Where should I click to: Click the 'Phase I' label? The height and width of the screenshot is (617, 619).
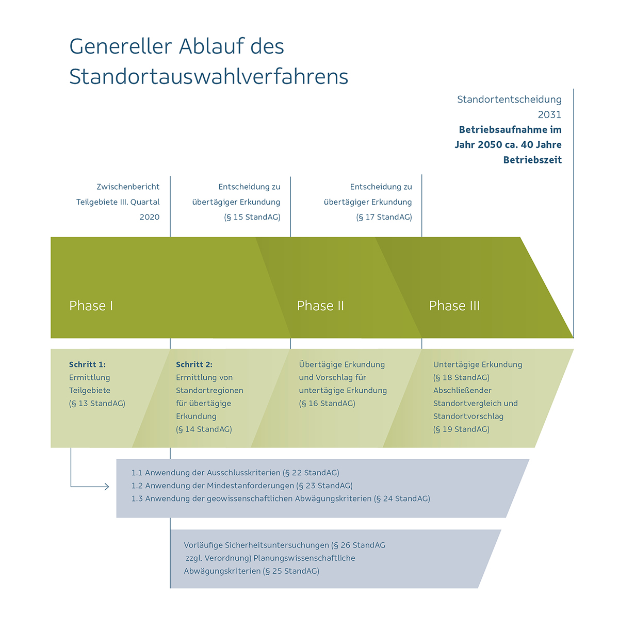pyautogui.click(x=91, y=306)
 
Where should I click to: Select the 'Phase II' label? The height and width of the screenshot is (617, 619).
pyautogui.click(x=320, y=306)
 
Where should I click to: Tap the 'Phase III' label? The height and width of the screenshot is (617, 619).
pyautogui.click(x=454, y=306)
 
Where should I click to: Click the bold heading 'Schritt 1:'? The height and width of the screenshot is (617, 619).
pyautogui.click(x=87, y=364)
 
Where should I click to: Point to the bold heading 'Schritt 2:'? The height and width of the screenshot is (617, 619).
pyautogui.click(x=194, y=364)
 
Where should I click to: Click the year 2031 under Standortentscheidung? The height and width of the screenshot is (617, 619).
pyautogui.click(x=549, y=114)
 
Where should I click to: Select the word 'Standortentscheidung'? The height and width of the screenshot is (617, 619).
pyautogui.click(x=509, y=99)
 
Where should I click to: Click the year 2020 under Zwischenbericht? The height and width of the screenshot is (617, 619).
pyautogui.click(x=150, y=217)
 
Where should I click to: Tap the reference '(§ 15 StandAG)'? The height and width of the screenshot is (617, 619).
pyautogui.click(x=252, y=218)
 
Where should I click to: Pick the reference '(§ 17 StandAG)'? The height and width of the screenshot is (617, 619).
pyautogui.click(x=384, y=218)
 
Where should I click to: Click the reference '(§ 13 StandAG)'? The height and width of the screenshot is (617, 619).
pyautogui.click(x=97, y=404)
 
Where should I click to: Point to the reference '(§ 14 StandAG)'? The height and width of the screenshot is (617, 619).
pyautogui.click(x=204, y=429)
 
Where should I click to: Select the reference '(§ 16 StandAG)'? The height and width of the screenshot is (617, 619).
pyautogui.click(x=327, y=404)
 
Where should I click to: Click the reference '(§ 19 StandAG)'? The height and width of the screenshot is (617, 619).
pyautogui.click(x=461, y=429)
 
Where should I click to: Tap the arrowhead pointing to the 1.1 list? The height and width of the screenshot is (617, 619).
pyautogui.click(x=107, y=487)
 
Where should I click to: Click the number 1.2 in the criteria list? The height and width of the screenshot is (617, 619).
pyautogui.click(x=137, y=486)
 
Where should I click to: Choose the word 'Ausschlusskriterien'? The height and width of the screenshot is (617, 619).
pyautogui.click(x=243, y=473)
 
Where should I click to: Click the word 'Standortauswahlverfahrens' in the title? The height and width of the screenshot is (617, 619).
pyautogui.click(x=209, y=77)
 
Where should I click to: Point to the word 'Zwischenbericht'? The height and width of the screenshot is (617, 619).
pyautogui.click(x=128, y=187)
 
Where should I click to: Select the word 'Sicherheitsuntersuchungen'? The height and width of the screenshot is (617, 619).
pyautogui.click(x=277, y=545)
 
